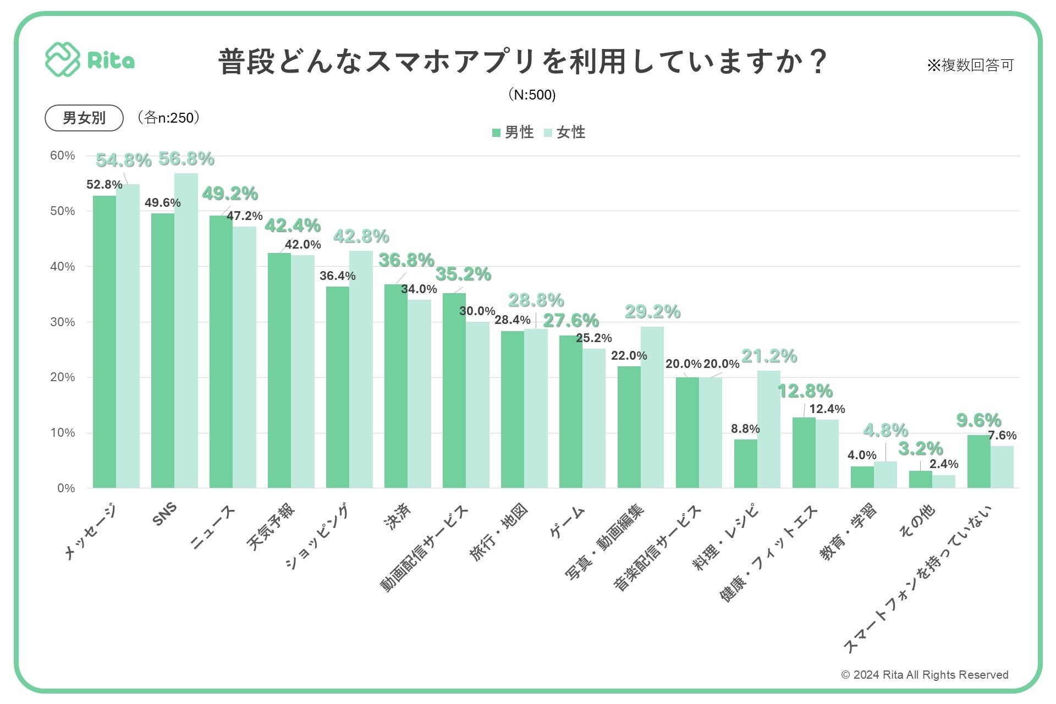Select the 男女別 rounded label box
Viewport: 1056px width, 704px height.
(x=84, y=118)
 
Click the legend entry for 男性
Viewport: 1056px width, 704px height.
(x=513, y=133)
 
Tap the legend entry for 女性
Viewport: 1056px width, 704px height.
(x=565, y=133)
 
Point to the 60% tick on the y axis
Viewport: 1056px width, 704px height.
(x=63, y=156)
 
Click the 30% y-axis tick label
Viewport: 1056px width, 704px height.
(x=63, y=322)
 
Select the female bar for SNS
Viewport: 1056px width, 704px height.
(x=186, y=330)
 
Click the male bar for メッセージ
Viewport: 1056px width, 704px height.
(x=105, y=341)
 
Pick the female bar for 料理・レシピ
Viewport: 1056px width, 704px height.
(x=768, y=429)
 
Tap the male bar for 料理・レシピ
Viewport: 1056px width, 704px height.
(x=745, y=463)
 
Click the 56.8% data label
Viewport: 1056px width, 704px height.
(x=186, y=159)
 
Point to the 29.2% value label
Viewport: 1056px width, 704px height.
(x=652, y=312)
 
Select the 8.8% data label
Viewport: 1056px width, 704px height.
(x=745, y=429)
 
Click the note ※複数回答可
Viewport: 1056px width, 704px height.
(x=970, y=65)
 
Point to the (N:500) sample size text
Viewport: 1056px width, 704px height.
(x=532, y=95)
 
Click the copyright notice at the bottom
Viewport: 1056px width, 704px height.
(x=925, y=675)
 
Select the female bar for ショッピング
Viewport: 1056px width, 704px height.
(x=361, y=369)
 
